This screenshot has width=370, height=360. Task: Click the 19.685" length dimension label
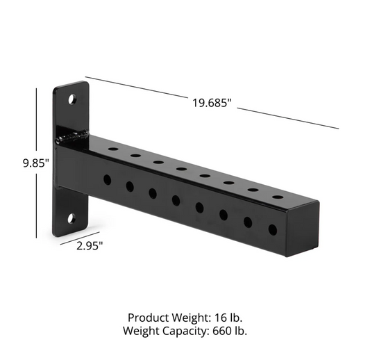click(x=212, y=104)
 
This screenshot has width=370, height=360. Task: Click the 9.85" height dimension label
click(x=35, y=163)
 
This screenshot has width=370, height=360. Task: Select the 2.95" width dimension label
click(x=90, y=245)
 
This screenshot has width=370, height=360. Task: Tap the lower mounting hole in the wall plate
click(x=72, y=219)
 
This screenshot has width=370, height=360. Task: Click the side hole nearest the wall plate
click(x=107, y=179)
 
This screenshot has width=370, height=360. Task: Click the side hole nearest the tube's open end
click(x=272, y=229)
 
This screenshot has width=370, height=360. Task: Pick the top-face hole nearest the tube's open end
click(x=277, y=197)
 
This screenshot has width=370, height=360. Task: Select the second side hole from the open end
click(x=248, y=222)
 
